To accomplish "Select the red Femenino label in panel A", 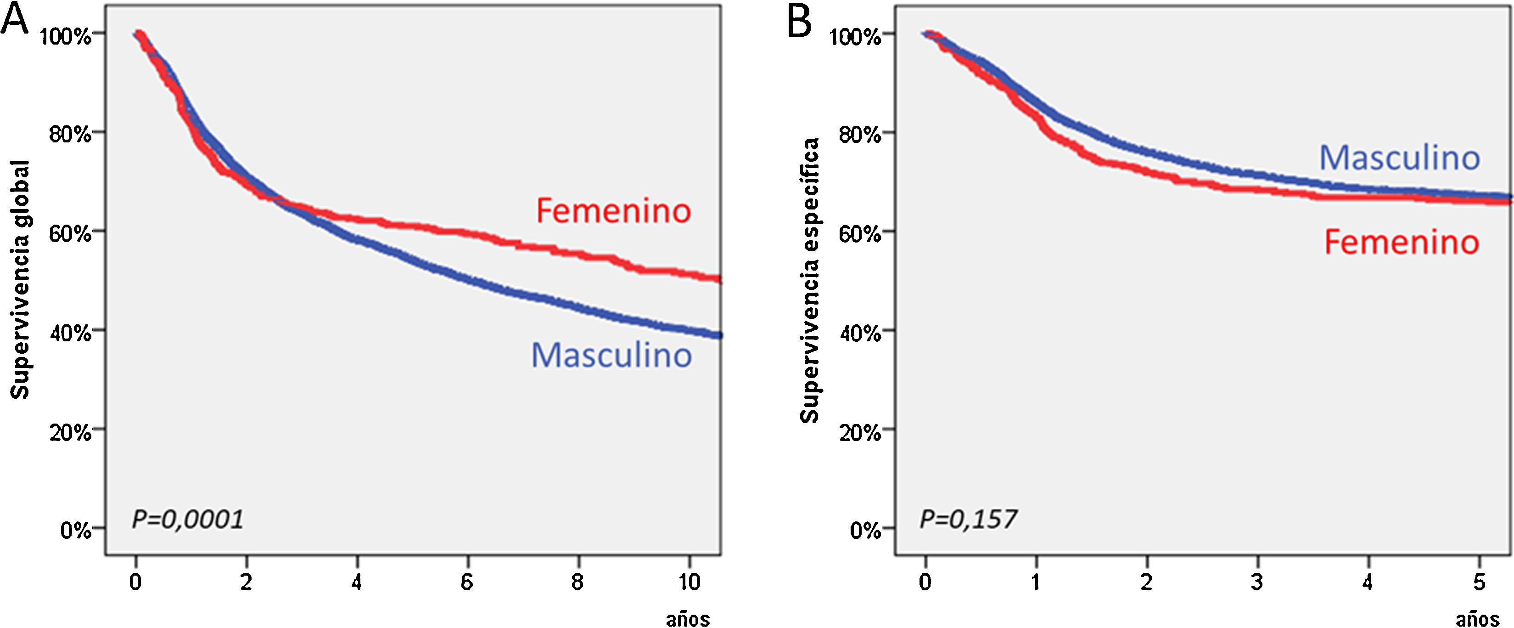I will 613,210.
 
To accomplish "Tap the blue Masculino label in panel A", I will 611,355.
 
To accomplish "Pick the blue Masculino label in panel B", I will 1399,158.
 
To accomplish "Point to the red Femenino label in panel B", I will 1401,242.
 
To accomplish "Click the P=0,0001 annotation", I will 187,519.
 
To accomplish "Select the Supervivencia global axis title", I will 21,280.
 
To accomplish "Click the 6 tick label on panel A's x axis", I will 467,582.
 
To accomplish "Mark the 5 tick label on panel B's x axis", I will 1479,582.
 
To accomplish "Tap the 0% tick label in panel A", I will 76,531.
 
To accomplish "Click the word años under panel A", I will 688,619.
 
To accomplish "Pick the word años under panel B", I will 1477,619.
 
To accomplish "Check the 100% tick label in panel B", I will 855,36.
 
